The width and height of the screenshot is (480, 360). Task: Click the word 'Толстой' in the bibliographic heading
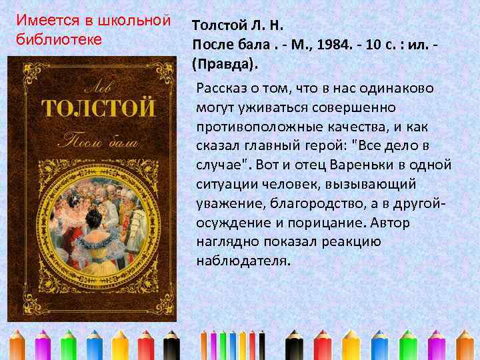pos(215,26)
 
